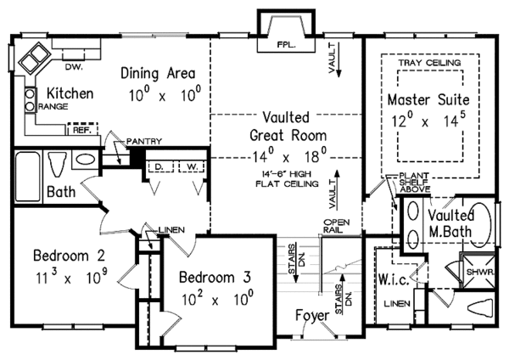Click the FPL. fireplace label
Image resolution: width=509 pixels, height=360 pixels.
point(287,45)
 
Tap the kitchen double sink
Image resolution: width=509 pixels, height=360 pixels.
point(33,58)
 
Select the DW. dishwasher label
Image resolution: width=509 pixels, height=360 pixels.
point(75,67)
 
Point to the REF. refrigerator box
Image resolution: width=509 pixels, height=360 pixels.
point(83,129)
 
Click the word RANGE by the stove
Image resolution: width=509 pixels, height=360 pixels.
point(53,107)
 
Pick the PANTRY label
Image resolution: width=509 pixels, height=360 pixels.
point(144,141)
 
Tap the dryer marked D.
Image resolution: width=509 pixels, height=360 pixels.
point(159,166)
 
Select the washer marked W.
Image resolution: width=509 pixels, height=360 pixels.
point(193,166)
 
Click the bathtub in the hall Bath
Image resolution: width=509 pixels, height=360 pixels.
point(28,177)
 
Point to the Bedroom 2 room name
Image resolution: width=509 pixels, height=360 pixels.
point(70,256)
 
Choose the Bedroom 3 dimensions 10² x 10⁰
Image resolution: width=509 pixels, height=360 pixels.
point(217,298)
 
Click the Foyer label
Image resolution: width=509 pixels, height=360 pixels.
point(312,315)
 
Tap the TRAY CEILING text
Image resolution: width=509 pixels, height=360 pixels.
point(430,62)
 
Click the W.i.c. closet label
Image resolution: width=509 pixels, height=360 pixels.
point(394,279)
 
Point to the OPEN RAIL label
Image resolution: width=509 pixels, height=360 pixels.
point(336,226)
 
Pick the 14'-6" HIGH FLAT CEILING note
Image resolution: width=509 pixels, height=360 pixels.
point(287,179)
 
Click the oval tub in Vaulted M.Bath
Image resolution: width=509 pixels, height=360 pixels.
point(481,224)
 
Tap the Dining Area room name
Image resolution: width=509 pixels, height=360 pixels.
point(158,73)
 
